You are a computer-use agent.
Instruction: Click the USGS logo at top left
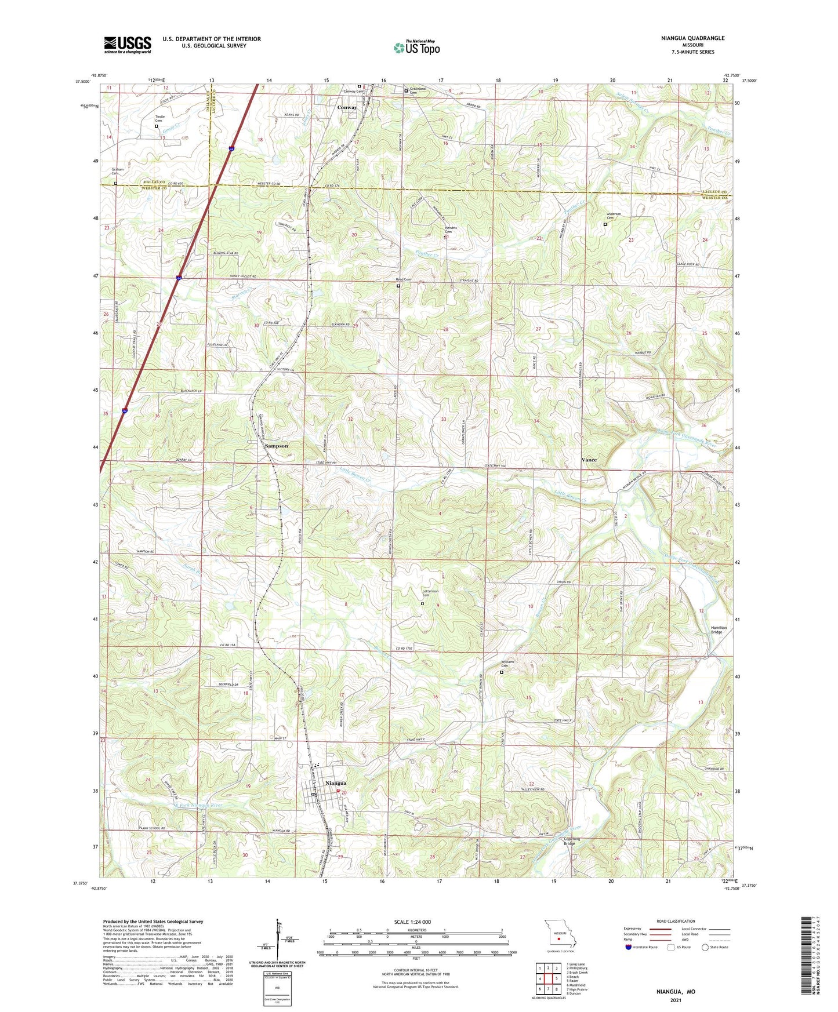click(x=127, y=45)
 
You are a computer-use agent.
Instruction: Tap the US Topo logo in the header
click(x=416, y=48)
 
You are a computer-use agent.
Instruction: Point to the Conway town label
click(x=347, y=107)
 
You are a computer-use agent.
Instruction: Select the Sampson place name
click(x=276, y=446)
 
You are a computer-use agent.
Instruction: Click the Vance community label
click(x=589, y=460)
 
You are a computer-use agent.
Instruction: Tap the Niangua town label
click(x=336, y=783)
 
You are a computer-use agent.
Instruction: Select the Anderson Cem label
click(x=614, y=216)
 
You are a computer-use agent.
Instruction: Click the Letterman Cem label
click(x=430, y=594)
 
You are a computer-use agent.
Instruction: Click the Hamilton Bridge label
click(x=717, y=629)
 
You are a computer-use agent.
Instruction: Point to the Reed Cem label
click(x=404, y=279)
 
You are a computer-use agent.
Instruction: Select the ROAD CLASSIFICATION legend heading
click(x=676, y=921)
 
